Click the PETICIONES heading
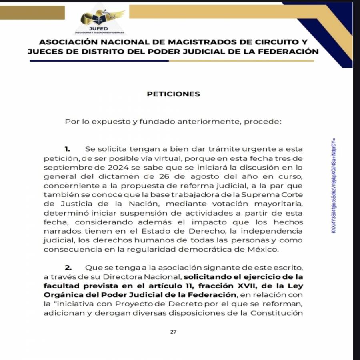pyautogui.click(x=173, y=94)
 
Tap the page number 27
pyautogui.click(x=173, y=332)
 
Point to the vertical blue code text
pyautogui.click(x=333, y=186)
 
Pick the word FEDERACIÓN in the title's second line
pyautogui.click(x=284, y=52)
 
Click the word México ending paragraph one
pyautogui.click(x=267, y=249)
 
